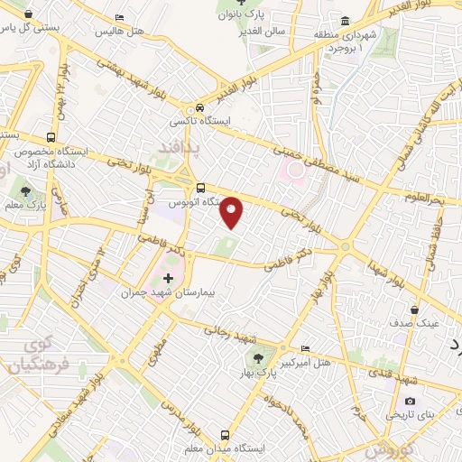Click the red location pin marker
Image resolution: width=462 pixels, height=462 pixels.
tap(232, 211)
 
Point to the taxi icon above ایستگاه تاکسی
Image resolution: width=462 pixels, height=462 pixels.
tap(200, 107)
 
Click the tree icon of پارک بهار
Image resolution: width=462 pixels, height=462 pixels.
tap(262, 358)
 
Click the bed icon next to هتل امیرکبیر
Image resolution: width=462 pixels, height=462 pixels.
tap(304, 348)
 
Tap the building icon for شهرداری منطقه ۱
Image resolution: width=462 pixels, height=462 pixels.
tap(346, 22)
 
